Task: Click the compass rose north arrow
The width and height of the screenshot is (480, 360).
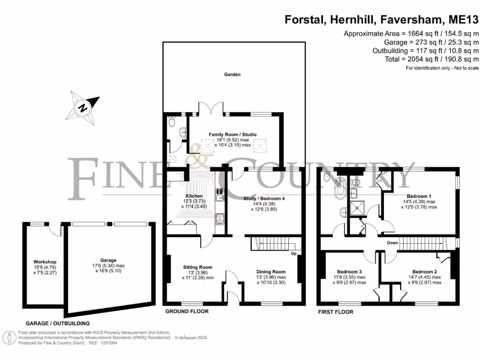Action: click(83, 107)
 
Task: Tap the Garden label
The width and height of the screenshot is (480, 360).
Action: click(232, 75)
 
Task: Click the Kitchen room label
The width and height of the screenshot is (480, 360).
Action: click(194, 196)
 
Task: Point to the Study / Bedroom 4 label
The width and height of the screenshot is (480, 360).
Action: click(264, 198)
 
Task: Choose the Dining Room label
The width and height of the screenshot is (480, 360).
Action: click(271, 271)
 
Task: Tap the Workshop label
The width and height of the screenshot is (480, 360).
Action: click(45, 262)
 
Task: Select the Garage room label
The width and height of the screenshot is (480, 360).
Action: click(108, 260)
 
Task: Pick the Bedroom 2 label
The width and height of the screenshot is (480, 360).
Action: click(425, 271)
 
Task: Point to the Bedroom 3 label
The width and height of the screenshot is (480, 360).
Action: click(349, 271)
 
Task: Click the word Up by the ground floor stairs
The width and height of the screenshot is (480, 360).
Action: click(294, 254)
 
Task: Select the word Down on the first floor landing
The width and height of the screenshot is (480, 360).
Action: click(392, 243)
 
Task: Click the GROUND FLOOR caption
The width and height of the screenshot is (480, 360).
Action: click(187, 311)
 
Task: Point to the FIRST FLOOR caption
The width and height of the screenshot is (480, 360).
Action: click(336, 312)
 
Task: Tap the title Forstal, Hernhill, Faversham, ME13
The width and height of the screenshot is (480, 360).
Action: click(382, 20)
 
